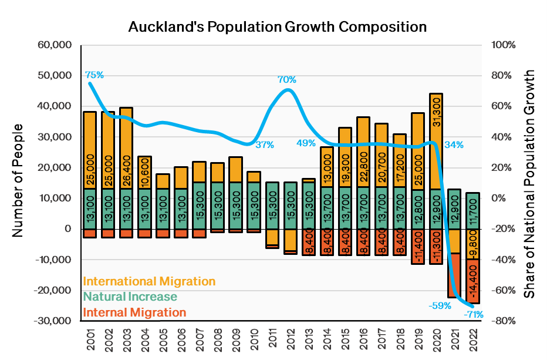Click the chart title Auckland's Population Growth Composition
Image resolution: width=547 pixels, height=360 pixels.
point(277,27)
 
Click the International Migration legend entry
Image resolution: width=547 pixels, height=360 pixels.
point(149,281)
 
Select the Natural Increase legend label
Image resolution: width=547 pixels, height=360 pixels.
point(130,297)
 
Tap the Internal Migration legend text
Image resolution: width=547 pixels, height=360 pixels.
point(134,312)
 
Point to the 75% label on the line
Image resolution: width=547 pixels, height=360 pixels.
point(94,75)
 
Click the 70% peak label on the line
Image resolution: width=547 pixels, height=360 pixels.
point(287,79)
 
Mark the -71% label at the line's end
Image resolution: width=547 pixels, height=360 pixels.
point(473,315)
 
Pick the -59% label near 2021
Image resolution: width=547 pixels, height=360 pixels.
point(439,305)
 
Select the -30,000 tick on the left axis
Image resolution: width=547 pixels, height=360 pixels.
point(55,321)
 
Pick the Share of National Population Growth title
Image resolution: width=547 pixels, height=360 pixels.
point(529,183)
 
